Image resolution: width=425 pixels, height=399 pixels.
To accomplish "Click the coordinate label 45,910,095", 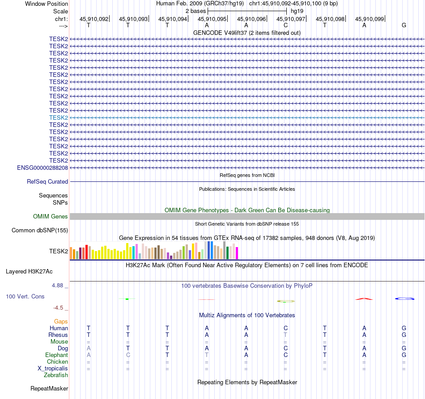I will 212,19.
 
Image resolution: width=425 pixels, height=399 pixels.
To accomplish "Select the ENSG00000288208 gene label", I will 42,168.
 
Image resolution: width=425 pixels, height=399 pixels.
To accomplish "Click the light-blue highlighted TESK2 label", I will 59,118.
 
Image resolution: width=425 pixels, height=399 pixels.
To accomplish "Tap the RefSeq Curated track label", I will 47,182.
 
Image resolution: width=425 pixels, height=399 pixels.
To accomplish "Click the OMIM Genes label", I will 51,217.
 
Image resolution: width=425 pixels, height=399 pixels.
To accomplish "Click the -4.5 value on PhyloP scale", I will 59,308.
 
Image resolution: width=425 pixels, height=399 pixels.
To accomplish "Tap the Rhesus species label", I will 58,335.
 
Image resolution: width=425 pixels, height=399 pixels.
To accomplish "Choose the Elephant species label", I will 57,355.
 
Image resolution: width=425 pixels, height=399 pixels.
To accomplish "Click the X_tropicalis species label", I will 53,369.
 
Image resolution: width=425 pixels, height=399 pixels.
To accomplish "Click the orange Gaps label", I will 61,322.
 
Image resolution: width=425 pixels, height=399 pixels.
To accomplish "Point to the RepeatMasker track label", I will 49,389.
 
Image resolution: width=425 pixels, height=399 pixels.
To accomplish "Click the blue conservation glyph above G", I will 404,298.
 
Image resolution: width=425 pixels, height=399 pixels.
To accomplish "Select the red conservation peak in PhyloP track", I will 364,299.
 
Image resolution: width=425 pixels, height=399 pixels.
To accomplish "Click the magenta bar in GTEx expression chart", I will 237,253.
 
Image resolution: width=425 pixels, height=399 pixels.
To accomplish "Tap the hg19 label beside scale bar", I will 297,10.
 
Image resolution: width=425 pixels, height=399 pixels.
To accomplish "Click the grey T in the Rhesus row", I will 285,335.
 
